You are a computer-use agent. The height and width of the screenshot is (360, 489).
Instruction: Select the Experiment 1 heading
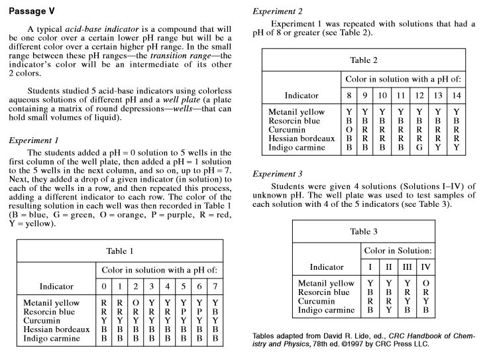[x=34, y=141]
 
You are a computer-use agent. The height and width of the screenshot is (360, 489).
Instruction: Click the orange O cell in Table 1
[x=135, y=303]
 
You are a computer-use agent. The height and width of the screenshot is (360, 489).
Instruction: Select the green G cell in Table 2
[x=419, y=147]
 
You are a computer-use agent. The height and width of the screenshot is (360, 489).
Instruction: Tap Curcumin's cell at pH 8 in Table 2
[x=349, y=130]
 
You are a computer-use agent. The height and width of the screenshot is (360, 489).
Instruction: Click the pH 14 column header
[x=456, y=95]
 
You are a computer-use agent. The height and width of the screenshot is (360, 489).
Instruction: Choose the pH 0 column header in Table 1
[x=103, y=286]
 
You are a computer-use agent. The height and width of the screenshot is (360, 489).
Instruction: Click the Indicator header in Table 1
[x=61, y=286]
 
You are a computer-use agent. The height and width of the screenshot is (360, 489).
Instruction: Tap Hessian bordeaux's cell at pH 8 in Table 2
[x=349, y=139]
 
